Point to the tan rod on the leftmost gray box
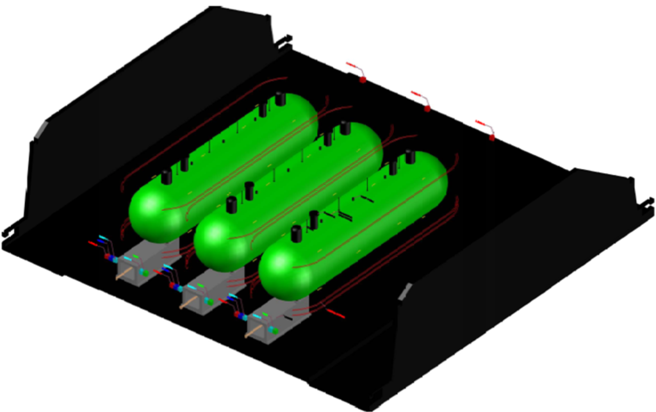click(x=122, y=276)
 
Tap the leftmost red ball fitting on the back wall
click(x=362, y=79)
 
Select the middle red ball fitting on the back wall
click(x=427, y=108)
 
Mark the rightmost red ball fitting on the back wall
click(x=491, y=137)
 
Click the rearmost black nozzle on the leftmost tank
click(x=280, y=99)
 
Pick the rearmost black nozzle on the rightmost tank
click(x=410, y=157)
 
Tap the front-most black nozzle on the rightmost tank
click(x=296, y=233)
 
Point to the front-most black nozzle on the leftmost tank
click(x=166, y=177)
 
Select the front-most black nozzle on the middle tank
click(x=231, y=205)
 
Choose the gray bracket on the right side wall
click(x=404, y=292)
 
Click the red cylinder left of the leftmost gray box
click(x=93, y=243)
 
